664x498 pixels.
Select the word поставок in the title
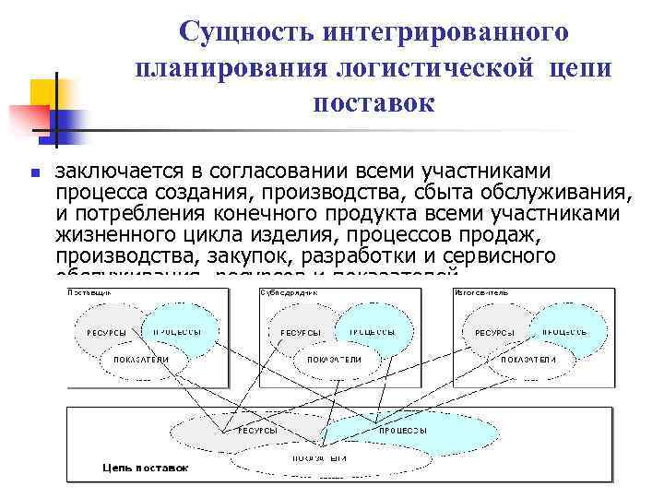(x=373, y=102)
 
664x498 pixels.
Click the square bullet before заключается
(x=33, y=172)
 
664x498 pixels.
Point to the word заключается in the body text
(x=114, y=171)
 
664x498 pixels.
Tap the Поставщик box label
(x=90, y=292)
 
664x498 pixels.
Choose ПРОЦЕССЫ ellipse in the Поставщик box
(x=178, y=331)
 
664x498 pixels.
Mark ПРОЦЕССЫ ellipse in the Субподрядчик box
(x=372, y=331)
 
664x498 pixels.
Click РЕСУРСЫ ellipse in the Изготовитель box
(x=495, y=332)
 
